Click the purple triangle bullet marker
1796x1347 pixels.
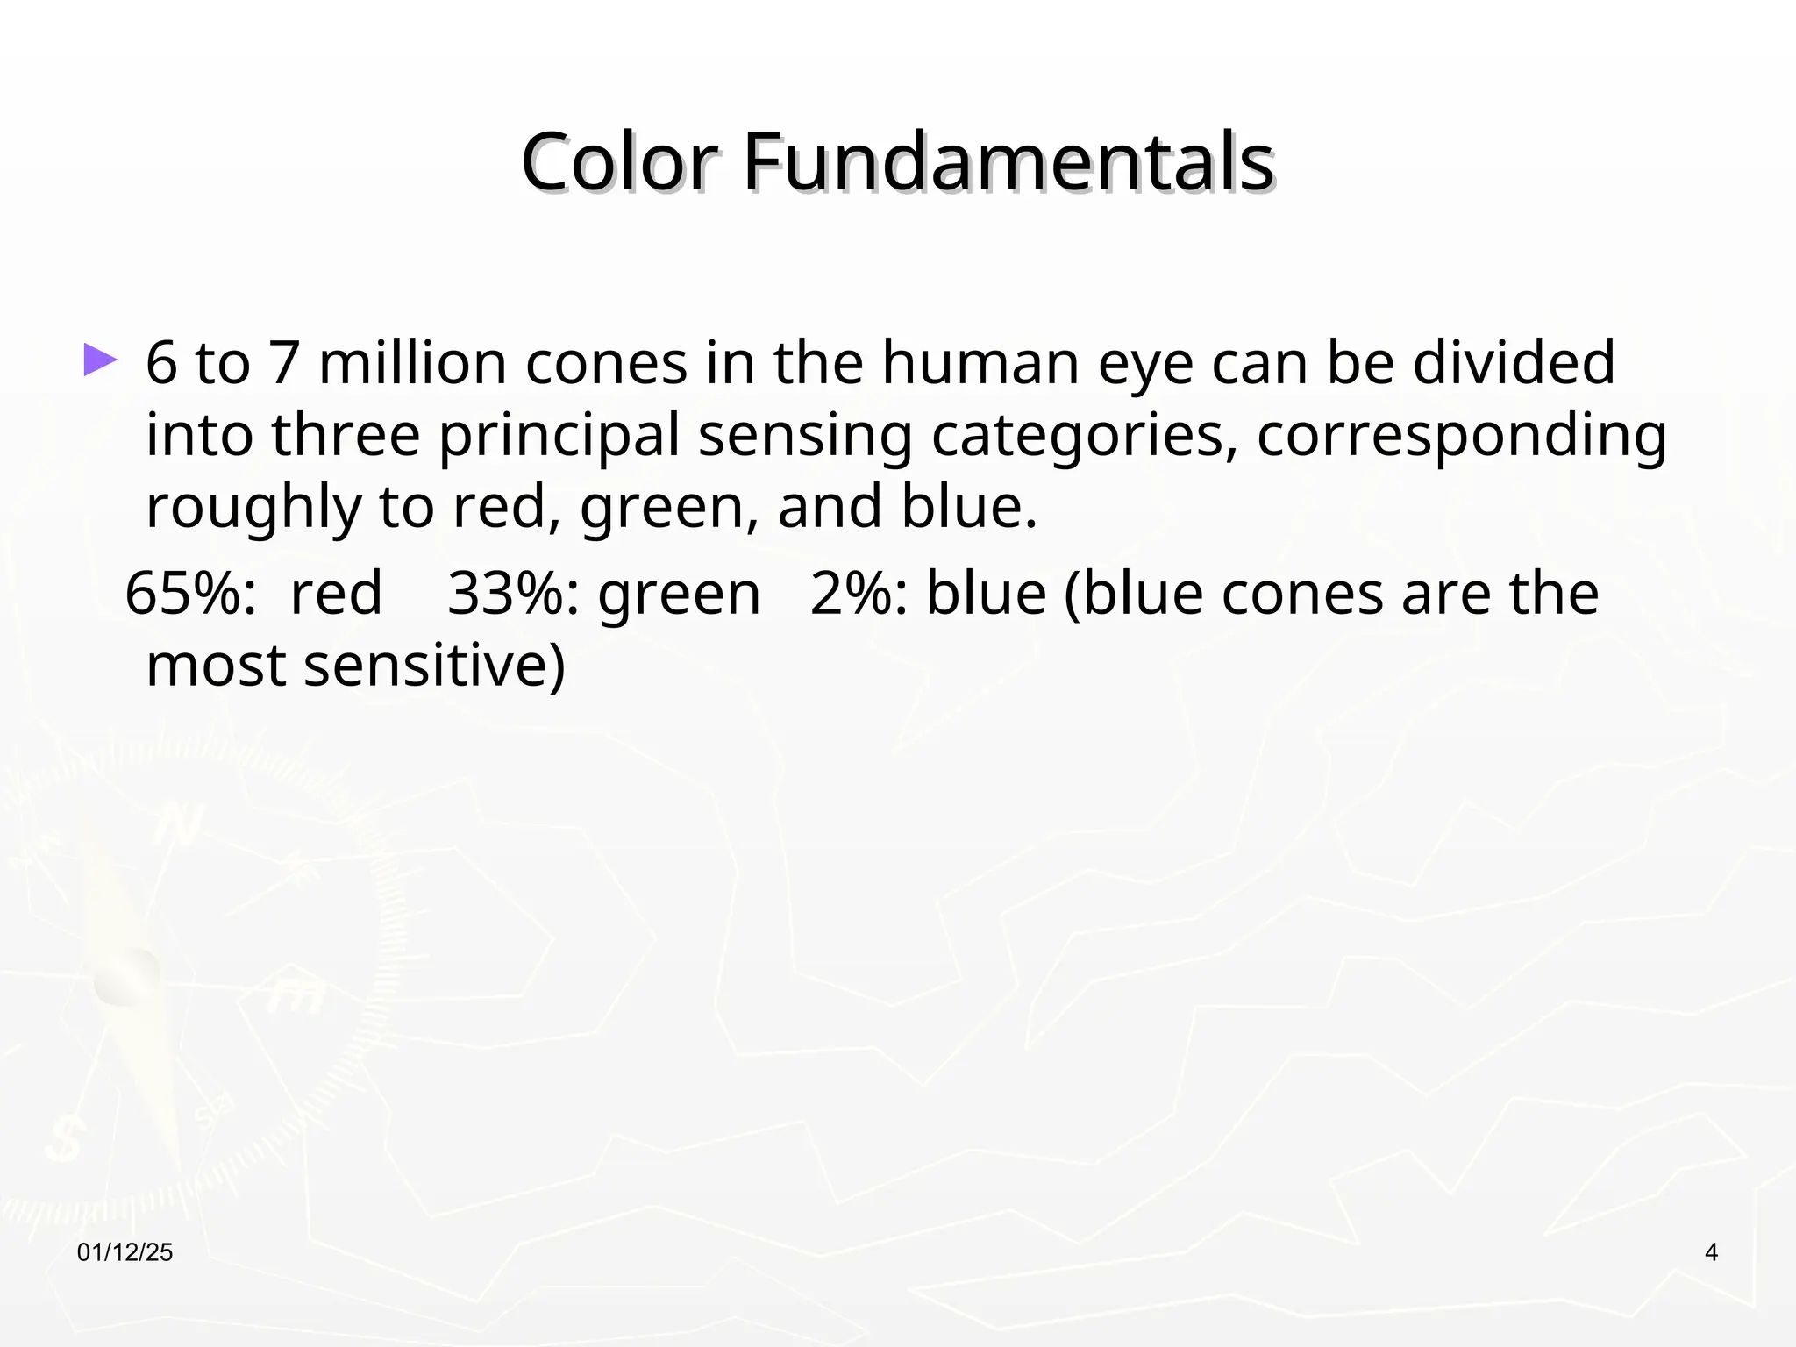click(100, 360)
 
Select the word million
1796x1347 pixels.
click(412, 363)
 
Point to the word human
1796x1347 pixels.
click(980, 363)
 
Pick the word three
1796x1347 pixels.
click(346, 435)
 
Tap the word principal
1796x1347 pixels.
click(559, 437)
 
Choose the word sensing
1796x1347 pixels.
click(804, 437)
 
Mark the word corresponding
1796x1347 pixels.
click(1461, 437)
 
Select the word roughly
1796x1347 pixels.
click(253, 509)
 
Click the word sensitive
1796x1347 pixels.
click(434, 666)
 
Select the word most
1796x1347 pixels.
click(216, 666)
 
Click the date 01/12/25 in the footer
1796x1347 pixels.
click(125, 1253)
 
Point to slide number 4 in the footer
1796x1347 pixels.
click(1711, 1253)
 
